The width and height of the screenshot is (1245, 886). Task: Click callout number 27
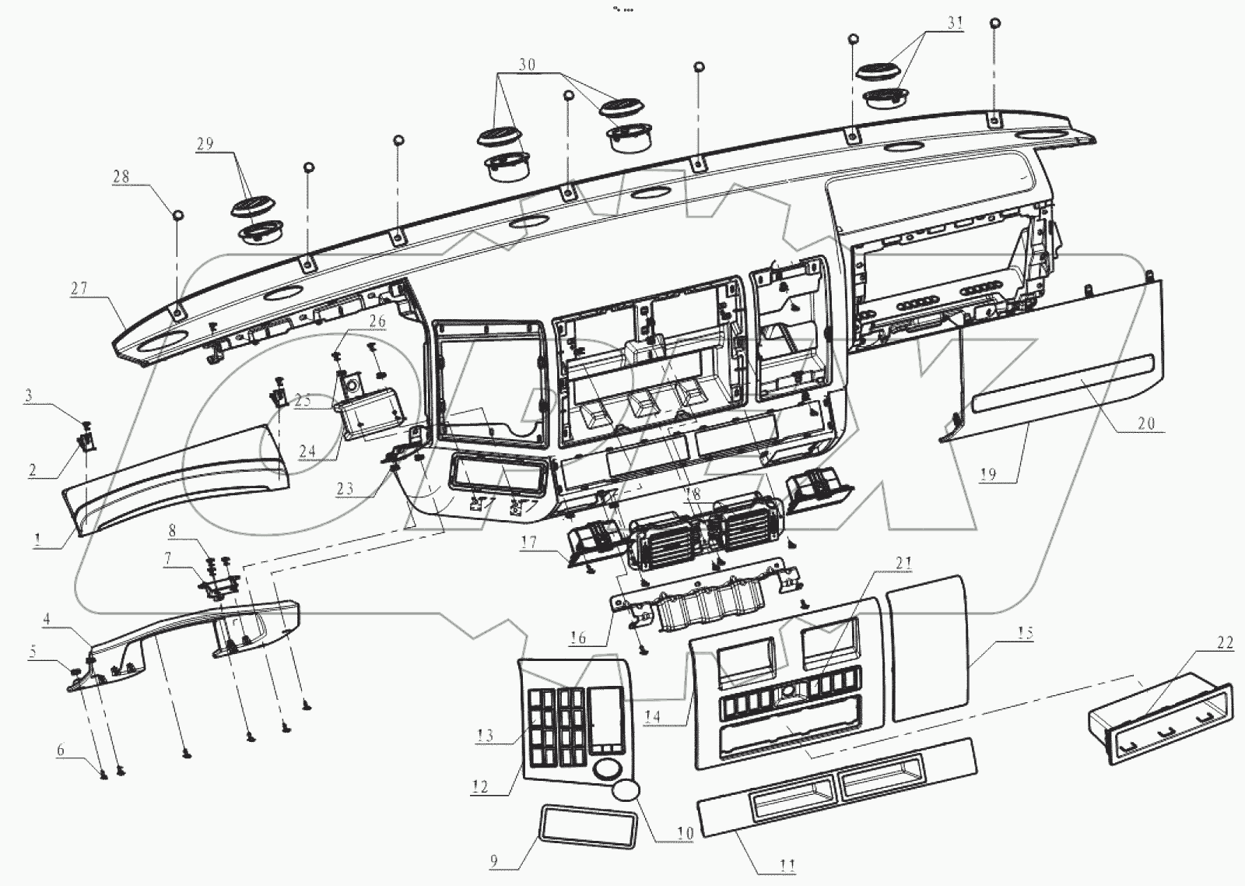[78, 289]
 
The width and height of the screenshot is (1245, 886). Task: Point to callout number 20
[1145, 424]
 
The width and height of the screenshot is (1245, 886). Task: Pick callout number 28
[121, 177]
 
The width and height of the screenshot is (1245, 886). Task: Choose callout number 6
[59, 751]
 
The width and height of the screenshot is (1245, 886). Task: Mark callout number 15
[1025, 633]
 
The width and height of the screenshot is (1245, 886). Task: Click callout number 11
[787, 864]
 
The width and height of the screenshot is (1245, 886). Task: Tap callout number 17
[529, 542]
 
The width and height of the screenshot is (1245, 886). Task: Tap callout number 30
[527, 66]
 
